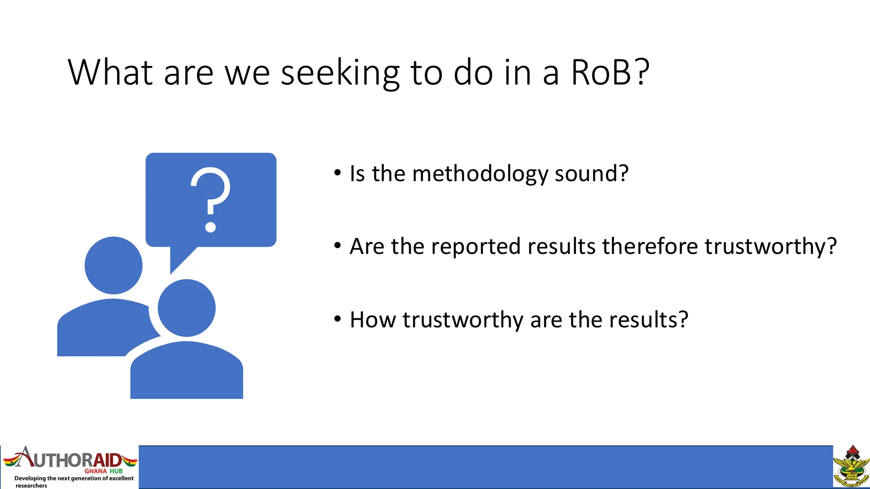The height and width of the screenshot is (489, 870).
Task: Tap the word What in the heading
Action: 110,72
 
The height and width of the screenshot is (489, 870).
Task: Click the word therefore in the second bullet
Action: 650,246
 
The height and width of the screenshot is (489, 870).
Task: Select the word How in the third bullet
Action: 373,320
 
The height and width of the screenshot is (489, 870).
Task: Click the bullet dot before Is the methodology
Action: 337,173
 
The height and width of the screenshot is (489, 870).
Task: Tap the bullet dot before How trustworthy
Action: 337,319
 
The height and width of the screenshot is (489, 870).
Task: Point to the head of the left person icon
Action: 113,265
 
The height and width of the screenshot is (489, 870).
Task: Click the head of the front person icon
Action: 186,308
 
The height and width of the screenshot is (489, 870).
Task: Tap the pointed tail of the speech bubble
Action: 178,259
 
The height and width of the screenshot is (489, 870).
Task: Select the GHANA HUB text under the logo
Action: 103,471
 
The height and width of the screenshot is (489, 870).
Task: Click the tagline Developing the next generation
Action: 73,478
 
